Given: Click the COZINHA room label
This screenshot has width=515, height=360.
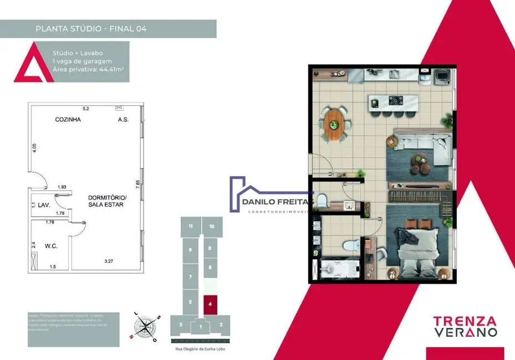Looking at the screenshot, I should pos(68,120).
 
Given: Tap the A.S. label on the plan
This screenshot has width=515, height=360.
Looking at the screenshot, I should pos(123,120).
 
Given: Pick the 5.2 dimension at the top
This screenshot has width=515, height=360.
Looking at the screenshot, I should pos(86,108).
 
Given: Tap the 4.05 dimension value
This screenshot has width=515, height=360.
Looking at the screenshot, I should pos(34,149).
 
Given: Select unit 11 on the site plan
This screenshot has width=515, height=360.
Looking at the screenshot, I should pos(190,226).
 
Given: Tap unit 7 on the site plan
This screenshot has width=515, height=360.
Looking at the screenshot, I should pos(190,276).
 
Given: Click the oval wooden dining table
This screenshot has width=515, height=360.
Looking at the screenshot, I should pos(336,124).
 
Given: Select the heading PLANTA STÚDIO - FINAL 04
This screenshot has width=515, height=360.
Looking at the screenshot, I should pos(91,28).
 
